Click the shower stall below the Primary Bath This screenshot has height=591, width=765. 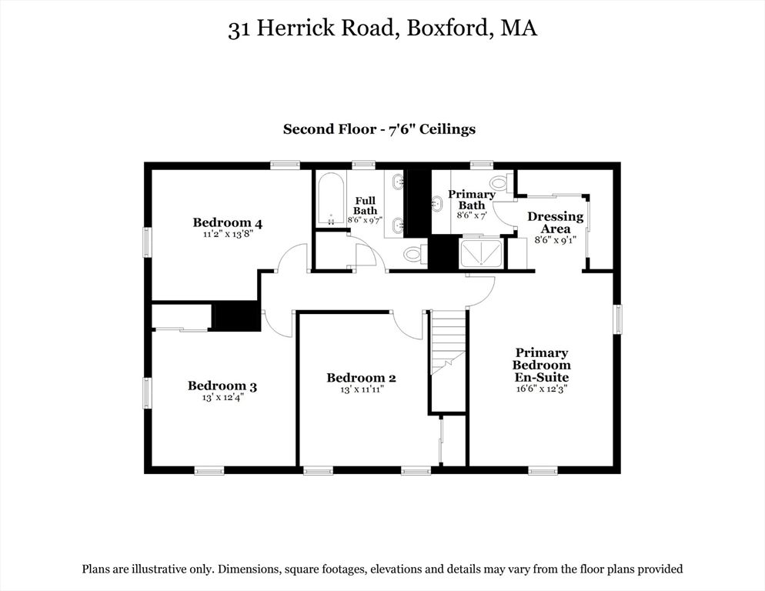click(x=482, y=253)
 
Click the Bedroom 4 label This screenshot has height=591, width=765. click(x=227, y=223)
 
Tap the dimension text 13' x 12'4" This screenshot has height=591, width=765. click(x=222, y=398)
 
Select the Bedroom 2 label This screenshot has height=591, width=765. click(x=361, y=378)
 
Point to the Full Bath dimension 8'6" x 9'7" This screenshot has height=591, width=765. click(x=365, y=219)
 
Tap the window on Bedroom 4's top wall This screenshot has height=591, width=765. click(x=285, y=164)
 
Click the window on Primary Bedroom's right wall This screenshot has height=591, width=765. click(x=617, y=319)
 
